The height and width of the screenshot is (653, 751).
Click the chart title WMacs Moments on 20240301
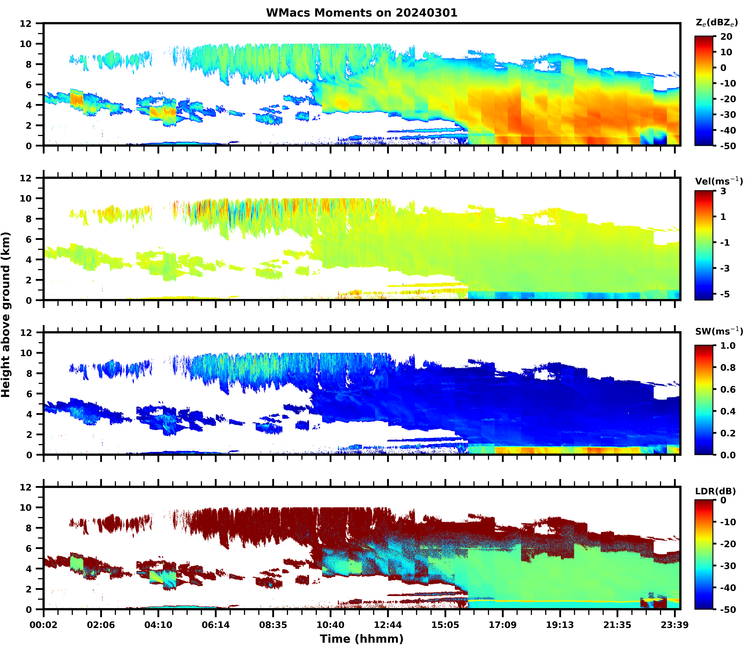click(362, 13)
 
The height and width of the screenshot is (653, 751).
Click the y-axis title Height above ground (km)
click(6, 314)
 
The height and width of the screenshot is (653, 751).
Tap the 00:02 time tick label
click(44, 625)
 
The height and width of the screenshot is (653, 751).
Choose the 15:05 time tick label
click(445, 625)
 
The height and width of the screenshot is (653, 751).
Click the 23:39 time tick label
click(675, 625)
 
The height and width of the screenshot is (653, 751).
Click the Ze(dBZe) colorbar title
click(716, 23)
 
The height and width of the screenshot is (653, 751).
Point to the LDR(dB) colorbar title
click(715, 491)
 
